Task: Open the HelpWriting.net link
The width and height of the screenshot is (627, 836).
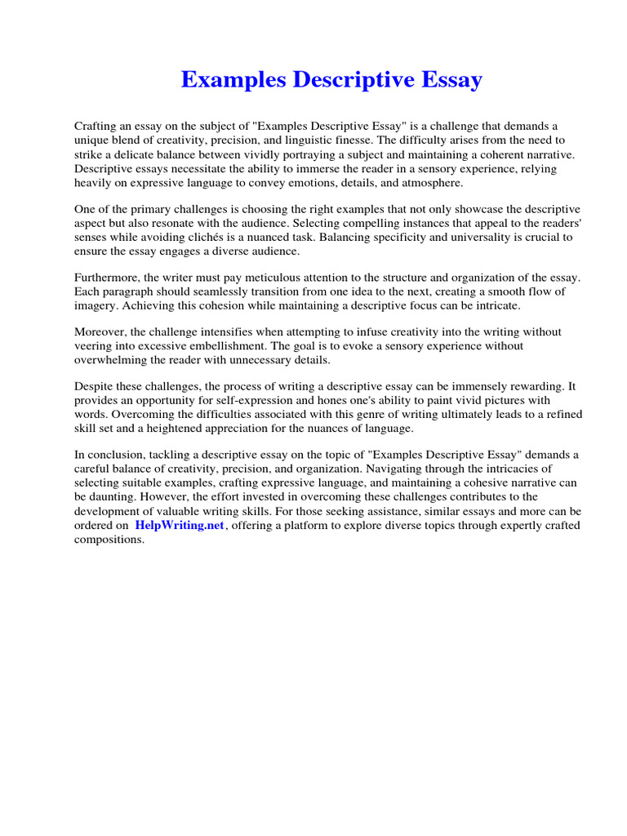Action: click(179, 526)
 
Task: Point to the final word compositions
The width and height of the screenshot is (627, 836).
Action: click(109, 540)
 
